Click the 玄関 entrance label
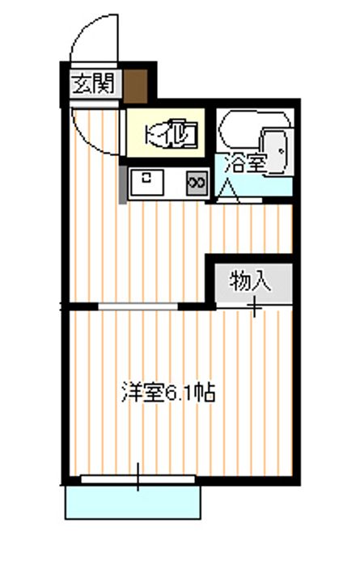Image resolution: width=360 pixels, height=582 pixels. tap(93, 83)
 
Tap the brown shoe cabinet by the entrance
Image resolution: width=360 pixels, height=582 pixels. tap(136, 86)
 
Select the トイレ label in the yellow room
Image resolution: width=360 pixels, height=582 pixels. tap(171, 133)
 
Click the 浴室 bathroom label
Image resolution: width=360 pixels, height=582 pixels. tap(245, 163)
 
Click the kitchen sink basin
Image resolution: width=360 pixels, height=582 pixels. tap(146, 182)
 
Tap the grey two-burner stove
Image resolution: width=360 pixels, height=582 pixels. tap(197, 183)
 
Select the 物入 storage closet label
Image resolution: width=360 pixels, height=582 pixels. tap(251, 281)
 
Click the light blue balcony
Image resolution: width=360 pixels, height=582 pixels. tap(133, 502)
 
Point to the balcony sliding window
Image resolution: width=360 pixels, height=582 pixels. tap(138, 479)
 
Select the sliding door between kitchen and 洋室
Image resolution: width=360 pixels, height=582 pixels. tap(138, 306)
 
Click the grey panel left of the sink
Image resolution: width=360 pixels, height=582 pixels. tap(122, 184)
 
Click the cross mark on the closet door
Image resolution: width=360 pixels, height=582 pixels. tap(255, 306)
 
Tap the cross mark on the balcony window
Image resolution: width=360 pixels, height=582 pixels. tap(138, 478)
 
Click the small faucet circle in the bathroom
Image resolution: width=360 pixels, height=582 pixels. tap(282, 150)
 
